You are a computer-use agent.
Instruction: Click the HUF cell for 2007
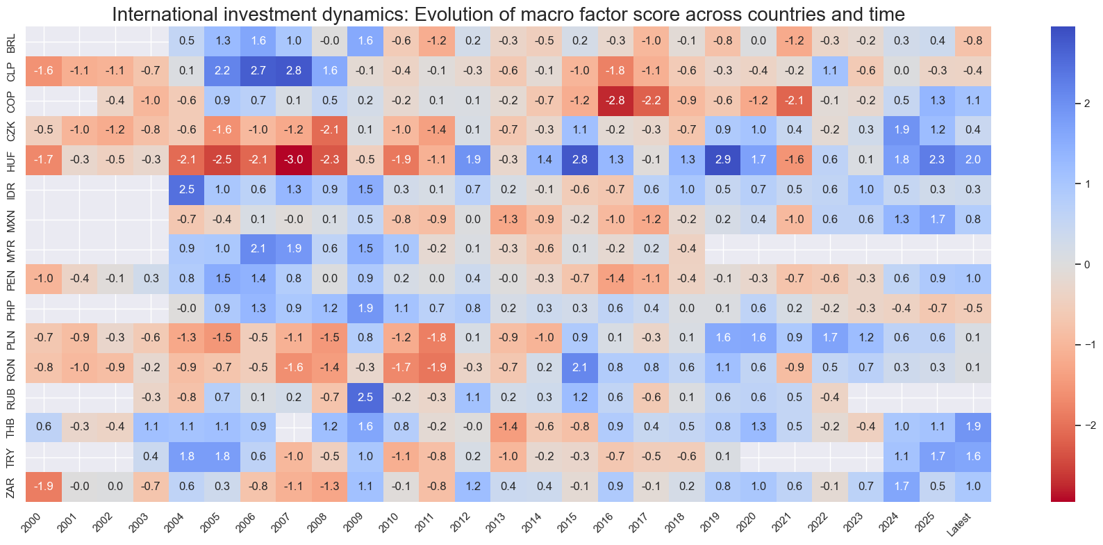coord(294,160)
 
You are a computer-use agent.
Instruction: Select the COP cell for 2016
coord(615,100)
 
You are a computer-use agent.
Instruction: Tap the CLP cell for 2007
coord(294,70)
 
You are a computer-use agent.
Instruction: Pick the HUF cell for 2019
coord(722,160)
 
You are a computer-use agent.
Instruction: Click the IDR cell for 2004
coord(187,189)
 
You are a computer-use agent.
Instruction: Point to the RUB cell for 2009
coord(365,398)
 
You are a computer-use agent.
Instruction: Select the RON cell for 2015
coord(580,368)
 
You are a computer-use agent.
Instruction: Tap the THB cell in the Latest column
coord(973,427)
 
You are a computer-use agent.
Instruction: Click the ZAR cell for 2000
coord(44,487)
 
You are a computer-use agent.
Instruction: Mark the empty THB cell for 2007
coord(294,427)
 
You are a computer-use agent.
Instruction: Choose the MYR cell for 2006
coord(258,249)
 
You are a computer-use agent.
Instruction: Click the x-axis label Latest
coord(960,526)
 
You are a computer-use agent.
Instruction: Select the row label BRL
coord(11,41)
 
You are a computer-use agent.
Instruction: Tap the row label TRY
coord(11,457)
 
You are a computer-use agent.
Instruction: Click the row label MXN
coord(11,219)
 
